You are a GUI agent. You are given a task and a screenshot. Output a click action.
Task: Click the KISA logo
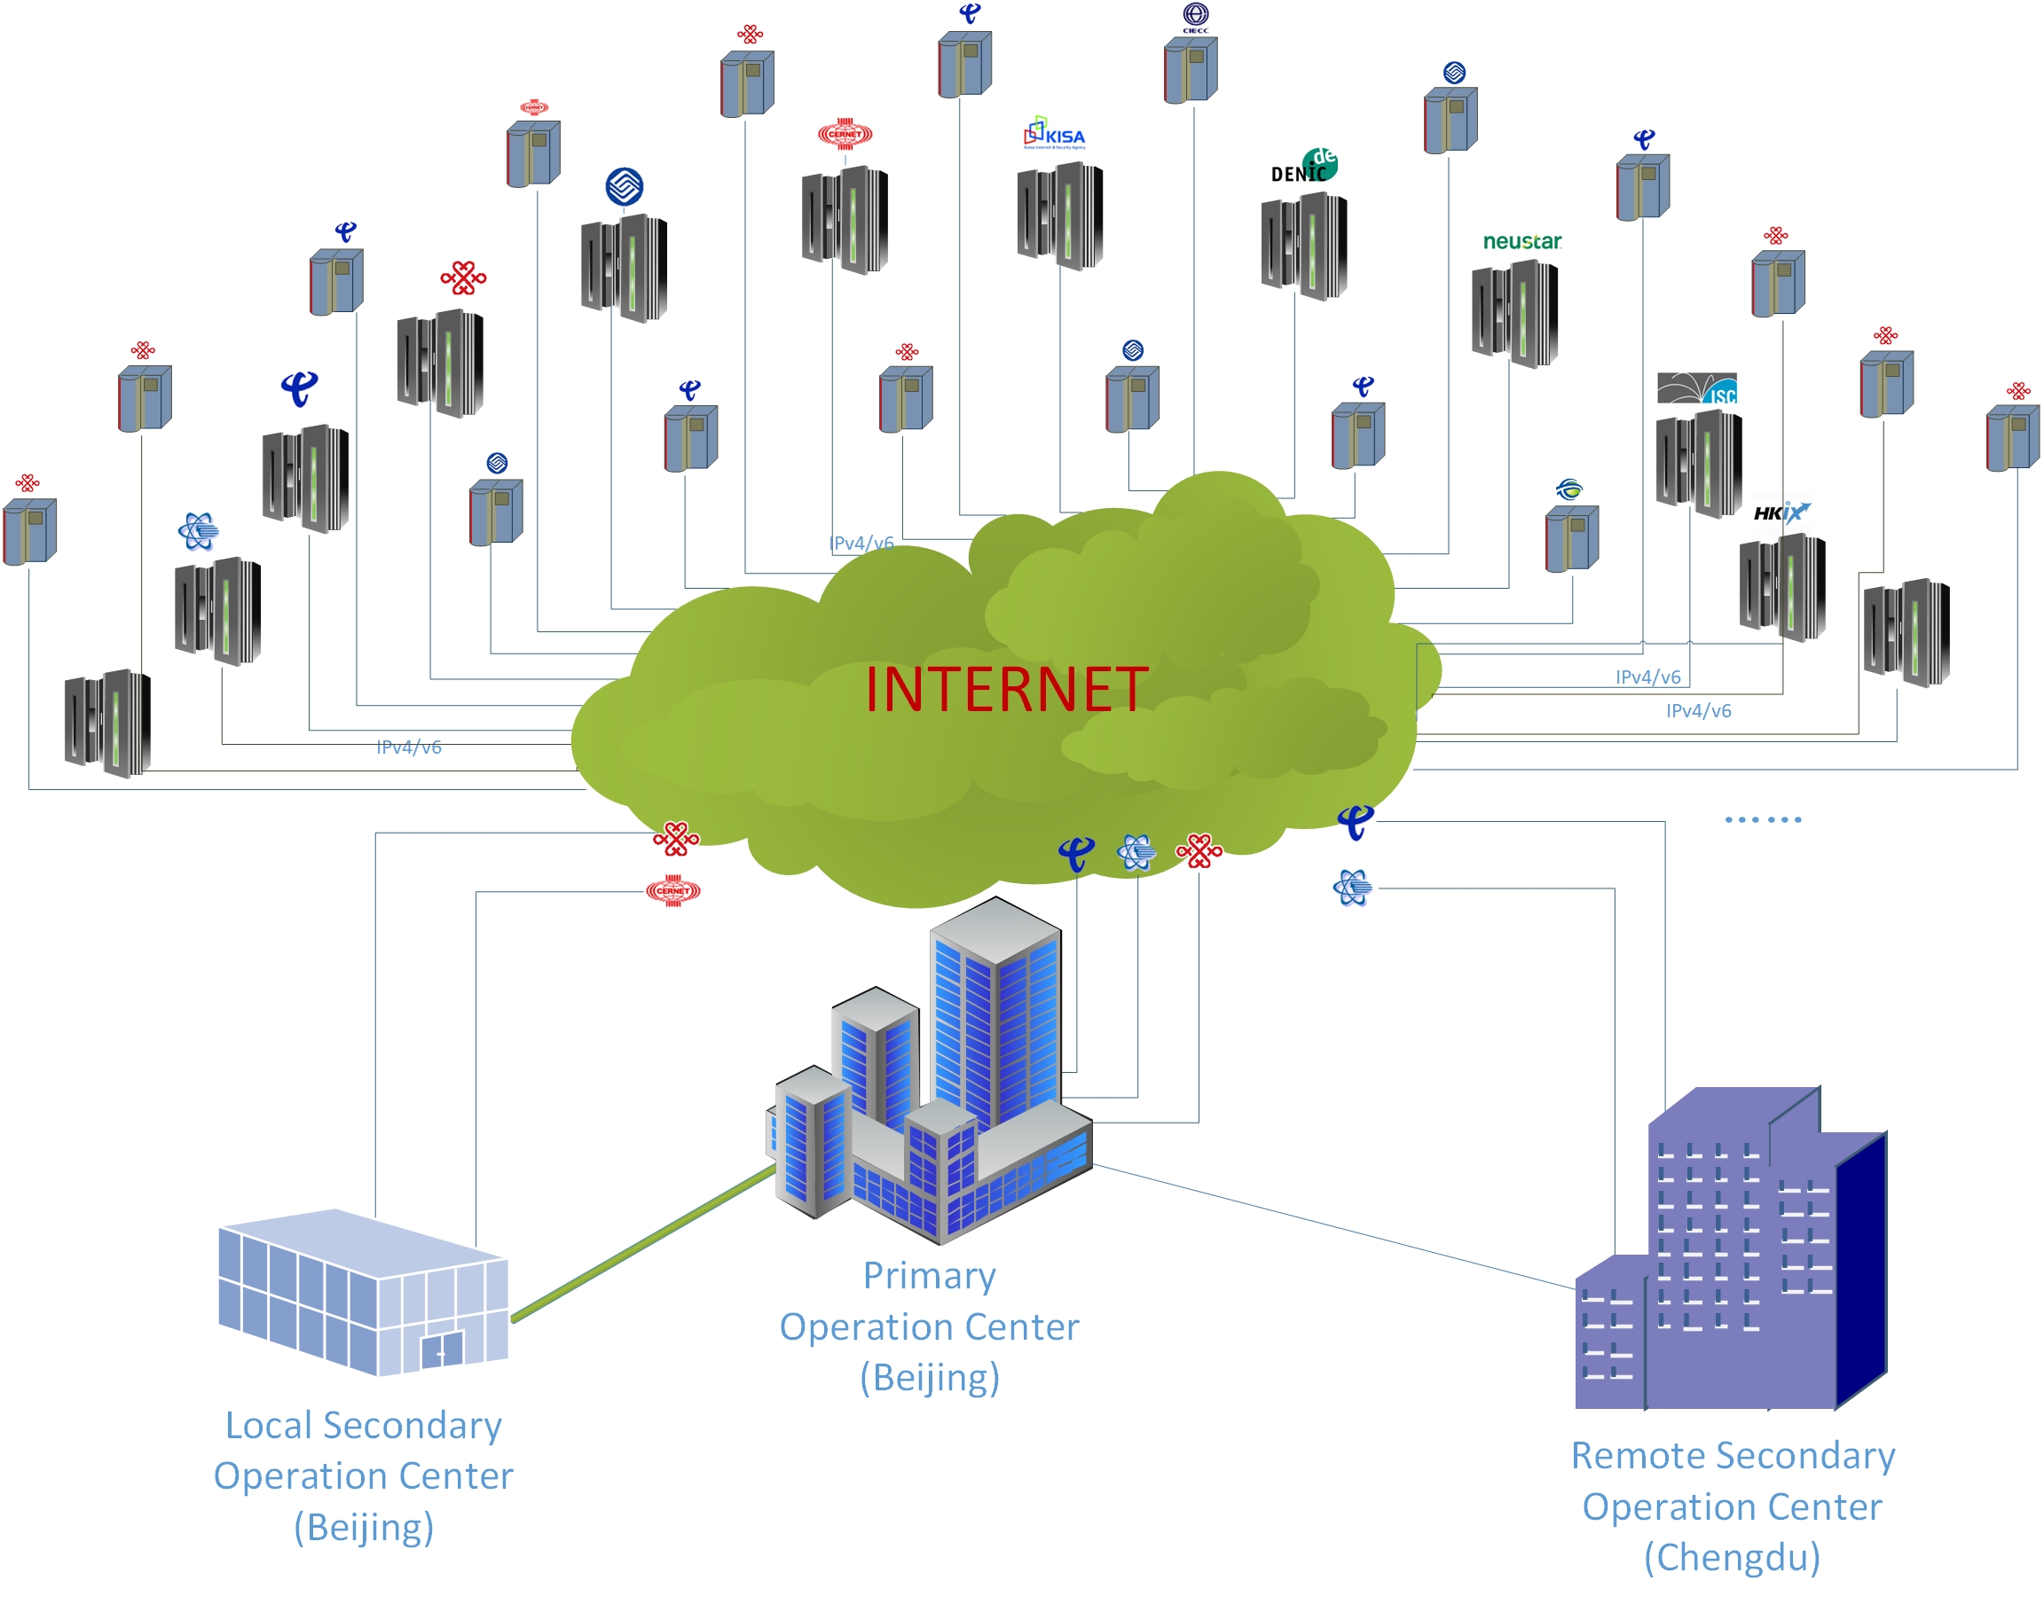click(1054, 133)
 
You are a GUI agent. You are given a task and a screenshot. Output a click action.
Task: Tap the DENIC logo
click(1304, 165)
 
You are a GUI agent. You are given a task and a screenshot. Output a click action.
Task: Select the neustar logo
click(1521, 241)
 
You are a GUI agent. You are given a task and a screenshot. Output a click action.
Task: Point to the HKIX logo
click(1779, 512)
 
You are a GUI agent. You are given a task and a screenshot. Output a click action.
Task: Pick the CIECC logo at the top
click(1195, 17)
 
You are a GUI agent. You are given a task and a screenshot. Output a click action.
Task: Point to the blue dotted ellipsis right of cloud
click(1762, 820)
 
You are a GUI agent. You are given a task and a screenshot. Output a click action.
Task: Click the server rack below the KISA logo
click(1059, 215)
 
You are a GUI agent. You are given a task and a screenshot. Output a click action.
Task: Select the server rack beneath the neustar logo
click(1514, 314)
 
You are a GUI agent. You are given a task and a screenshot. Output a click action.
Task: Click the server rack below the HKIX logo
click(1782, 587)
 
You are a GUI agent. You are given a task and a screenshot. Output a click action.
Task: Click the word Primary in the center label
click(929, 1275)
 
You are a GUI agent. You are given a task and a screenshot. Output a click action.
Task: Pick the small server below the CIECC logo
click(1191, 69)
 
